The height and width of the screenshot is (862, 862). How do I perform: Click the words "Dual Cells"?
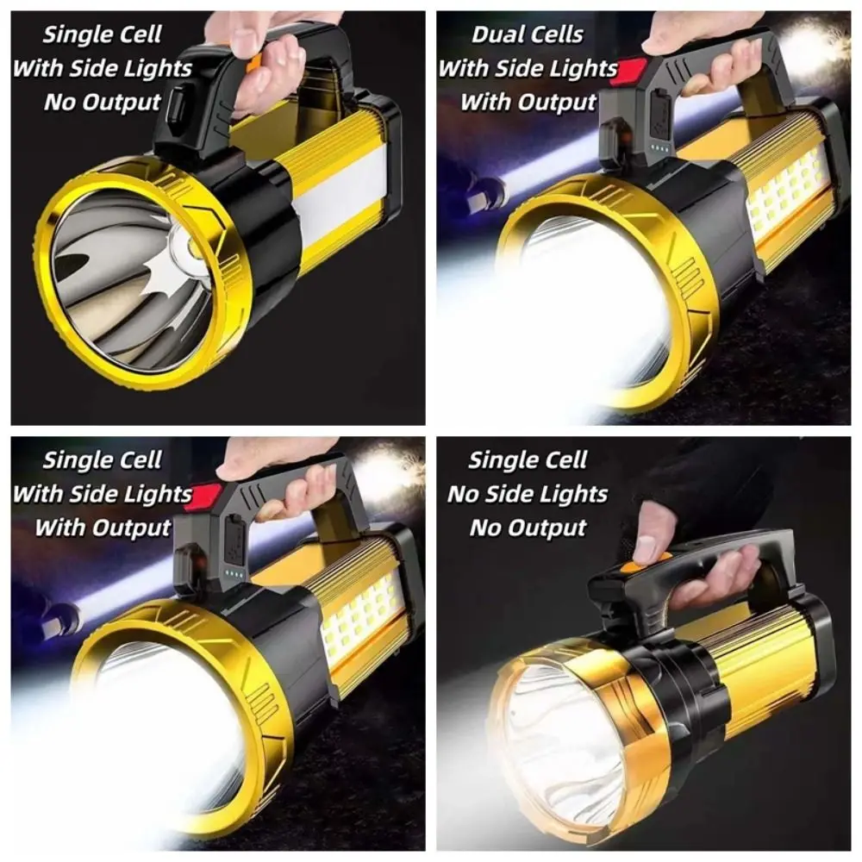(527, 35)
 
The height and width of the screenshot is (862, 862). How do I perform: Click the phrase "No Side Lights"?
(527, 494)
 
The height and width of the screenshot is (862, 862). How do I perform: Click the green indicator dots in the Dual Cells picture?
(660, 147)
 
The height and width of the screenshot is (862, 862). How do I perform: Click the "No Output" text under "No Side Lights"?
(527, 528)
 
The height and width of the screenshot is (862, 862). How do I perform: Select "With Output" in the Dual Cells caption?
(527, 102)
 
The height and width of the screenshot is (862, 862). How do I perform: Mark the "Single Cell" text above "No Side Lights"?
(527, 460)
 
